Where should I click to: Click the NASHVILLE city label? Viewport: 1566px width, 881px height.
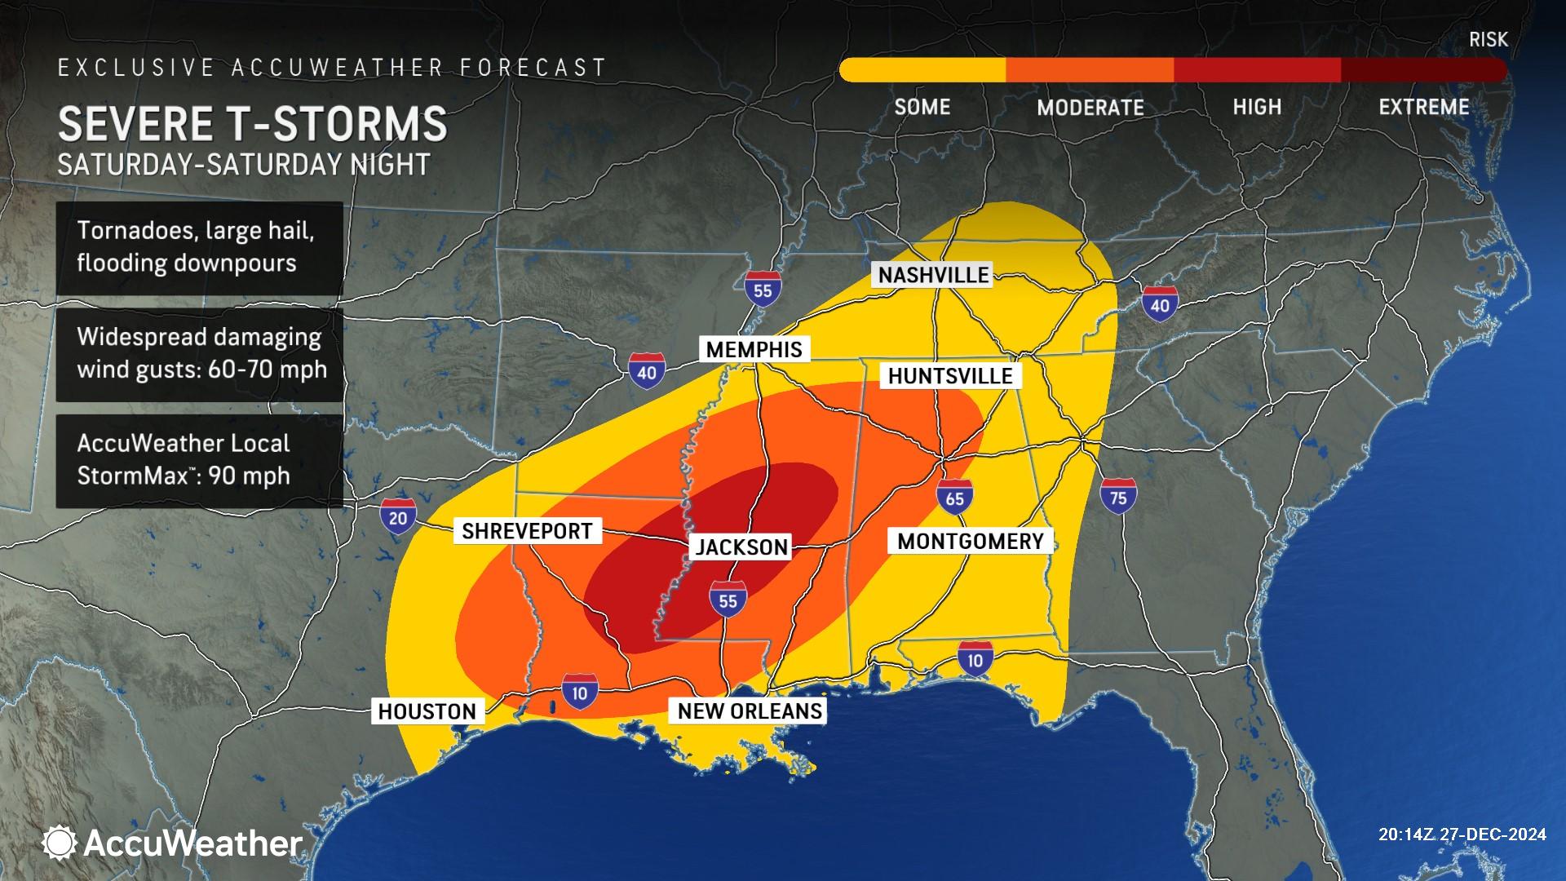point(934,275)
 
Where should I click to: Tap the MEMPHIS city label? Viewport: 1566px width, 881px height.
point(754,350)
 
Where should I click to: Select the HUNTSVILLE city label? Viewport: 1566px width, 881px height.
point(950,376)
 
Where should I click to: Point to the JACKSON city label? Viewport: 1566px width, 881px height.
point(741,547)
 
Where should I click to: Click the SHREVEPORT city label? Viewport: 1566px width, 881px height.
point(527,531)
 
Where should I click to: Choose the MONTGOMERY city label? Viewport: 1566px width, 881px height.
point(971,541)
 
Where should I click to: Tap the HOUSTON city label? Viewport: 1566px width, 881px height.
point(427,711)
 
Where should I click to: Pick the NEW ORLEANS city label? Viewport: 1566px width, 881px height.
point(750,711)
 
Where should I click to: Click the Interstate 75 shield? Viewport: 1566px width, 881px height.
point(1118,496)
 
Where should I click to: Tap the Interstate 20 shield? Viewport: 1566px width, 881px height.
point(398,516)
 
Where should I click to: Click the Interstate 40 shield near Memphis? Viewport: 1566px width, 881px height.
point(646,370)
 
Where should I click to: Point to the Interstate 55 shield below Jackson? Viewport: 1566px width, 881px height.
point(728,600)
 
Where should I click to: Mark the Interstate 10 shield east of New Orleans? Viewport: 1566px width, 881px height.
point(975,657)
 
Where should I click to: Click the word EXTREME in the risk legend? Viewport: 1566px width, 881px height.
point(1423,108)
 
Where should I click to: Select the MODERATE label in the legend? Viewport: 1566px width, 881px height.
point(1090,108)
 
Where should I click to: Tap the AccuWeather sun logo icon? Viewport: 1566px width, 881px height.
point(60,843)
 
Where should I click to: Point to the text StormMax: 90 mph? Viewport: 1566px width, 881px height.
point(184,476)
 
